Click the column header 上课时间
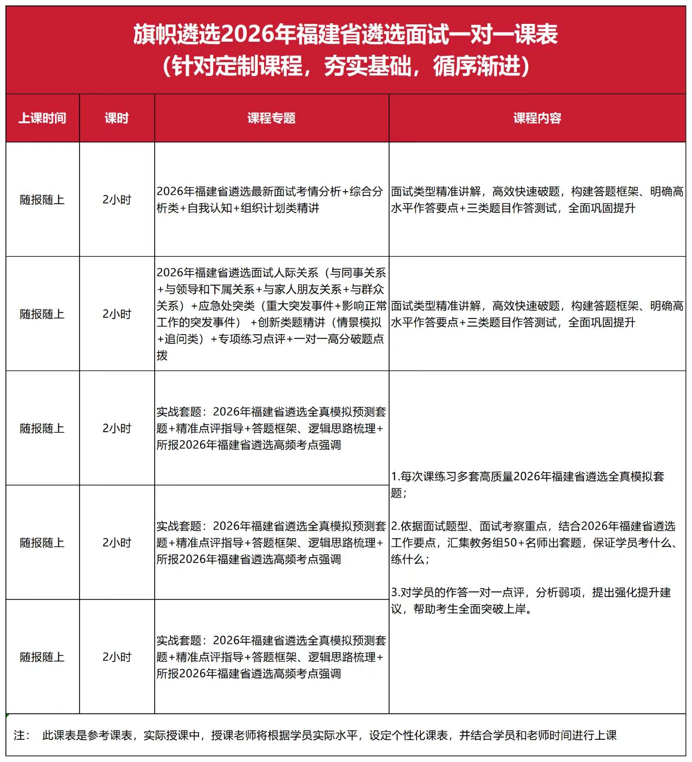42,118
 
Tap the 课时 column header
117,118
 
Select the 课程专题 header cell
272,118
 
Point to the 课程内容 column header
537,118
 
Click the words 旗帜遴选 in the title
177,35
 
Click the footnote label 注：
23,735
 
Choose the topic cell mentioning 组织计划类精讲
269,199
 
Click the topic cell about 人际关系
271,314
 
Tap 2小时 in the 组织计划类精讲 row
117,200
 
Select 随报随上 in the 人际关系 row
42,314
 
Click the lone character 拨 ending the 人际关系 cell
162,356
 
